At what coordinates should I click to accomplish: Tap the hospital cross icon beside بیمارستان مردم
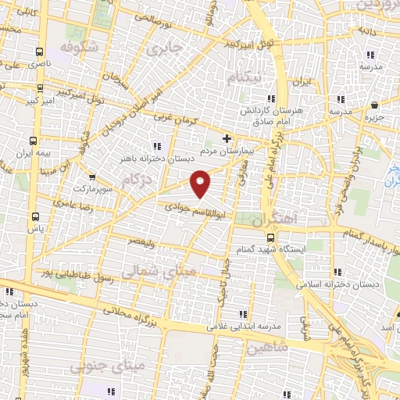pyautogui.click(x=227, y=138)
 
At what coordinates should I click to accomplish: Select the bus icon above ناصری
pyautogui.click(x=39, y=52)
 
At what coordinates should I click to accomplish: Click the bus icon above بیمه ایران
pyautogui.click(x=32, y=142)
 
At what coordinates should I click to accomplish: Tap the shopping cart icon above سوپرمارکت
pyautogui.click(x=92, y=178)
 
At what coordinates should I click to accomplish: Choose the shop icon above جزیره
pyautogui.click(x=376, y=105)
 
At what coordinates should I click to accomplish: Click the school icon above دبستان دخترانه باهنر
pyautogui.click(x=156, y=145)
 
